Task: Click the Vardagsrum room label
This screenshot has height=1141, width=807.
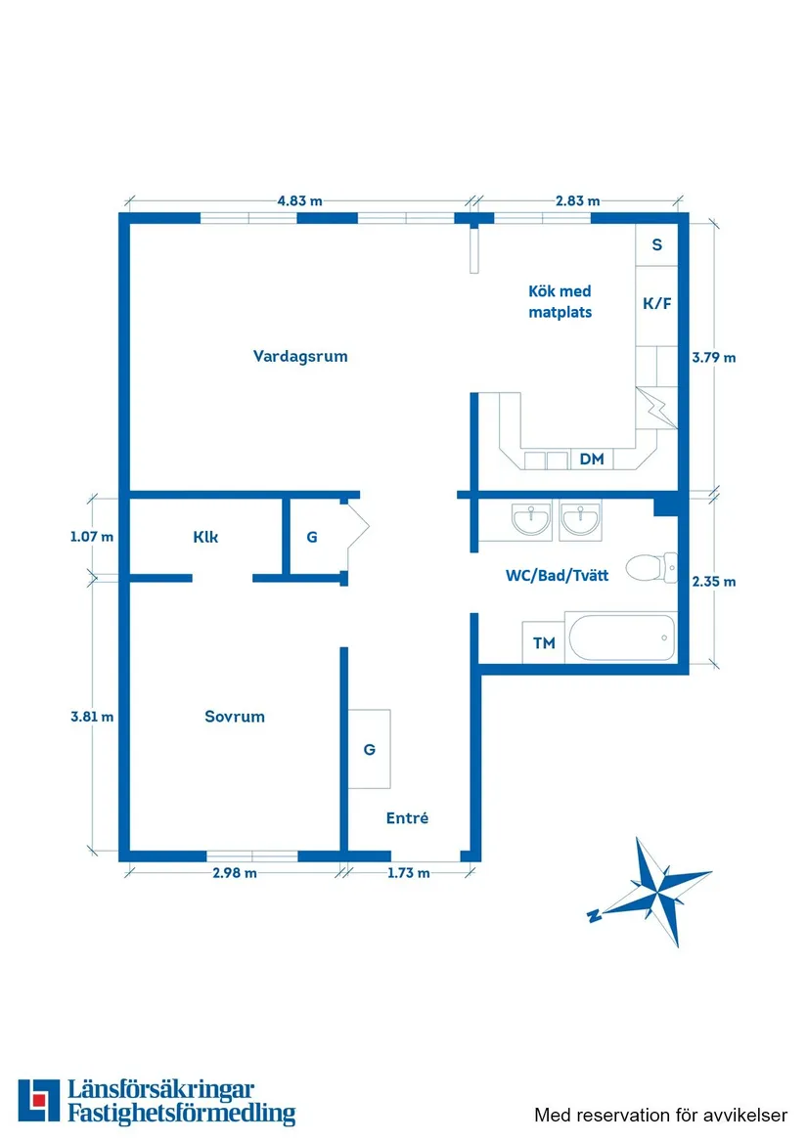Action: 300,356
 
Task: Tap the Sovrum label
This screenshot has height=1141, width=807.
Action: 235,716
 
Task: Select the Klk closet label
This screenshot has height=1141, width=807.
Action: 205,537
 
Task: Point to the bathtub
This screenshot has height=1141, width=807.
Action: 620,638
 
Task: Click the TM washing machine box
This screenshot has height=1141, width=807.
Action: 543,642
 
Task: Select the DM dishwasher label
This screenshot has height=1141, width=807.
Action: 592,459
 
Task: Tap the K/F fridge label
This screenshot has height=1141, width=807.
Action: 656,303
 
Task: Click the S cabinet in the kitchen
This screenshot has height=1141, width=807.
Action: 656,244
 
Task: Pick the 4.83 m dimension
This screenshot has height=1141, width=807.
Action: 299,200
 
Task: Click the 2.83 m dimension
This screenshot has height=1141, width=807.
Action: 577,200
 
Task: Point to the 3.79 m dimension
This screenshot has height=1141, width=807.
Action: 713,357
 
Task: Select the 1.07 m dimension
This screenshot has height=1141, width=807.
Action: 92,536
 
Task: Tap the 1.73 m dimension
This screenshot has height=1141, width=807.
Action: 408,873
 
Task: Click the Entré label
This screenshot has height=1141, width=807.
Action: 407,818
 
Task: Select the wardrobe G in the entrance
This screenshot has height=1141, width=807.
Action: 370,749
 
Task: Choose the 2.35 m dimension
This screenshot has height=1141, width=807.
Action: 713,581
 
